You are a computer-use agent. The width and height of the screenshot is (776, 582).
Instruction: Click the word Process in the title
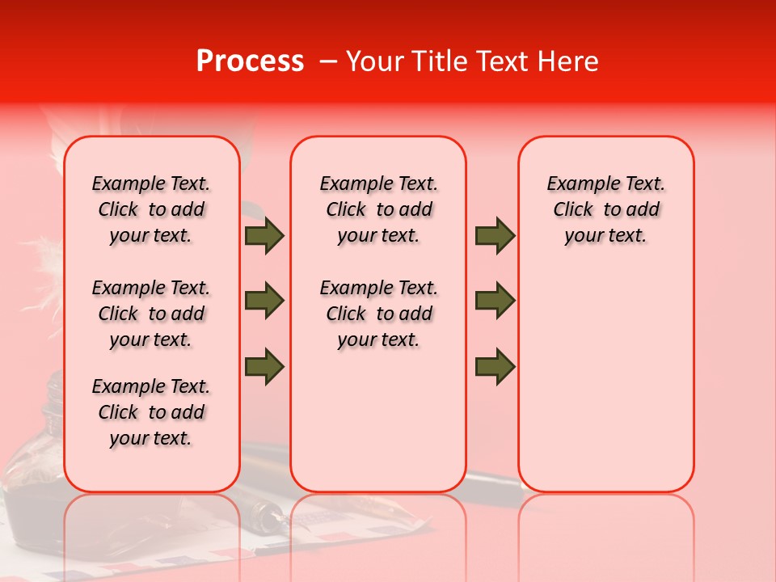click(x=249, y=61)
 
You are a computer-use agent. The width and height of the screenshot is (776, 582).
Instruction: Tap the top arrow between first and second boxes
click(x=264, y=235)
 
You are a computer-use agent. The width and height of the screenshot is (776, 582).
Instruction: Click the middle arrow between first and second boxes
click(x=264, y=301)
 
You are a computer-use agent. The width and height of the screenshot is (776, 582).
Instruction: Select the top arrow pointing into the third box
click(x=495, y=235)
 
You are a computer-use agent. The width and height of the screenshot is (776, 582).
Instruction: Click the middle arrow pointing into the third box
click(x=495, y=301)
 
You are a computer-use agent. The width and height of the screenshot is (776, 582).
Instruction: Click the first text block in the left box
click(x=151, y=209)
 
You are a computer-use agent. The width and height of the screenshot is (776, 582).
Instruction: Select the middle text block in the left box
click(x=151, y=314)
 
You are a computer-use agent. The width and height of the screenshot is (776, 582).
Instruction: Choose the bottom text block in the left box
click(x=151, y=412)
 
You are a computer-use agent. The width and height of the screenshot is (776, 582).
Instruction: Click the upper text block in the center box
click(x=378, y=209)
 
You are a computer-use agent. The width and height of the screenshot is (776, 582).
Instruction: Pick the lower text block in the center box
click(x=378, y=314)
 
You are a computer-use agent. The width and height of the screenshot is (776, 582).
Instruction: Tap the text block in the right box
click(x=605, y=209)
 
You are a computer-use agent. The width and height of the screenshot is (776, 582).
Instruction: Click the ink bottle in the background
click(x=36, y=493)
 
